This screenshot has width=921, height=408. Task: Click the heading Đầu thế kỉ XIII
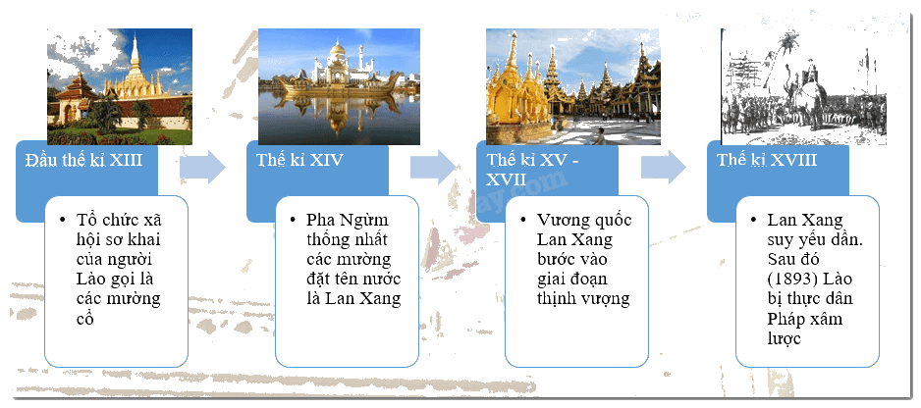(x=83, y=160)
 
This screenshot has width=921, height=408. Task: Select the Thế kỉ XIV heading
(x=299, y=160)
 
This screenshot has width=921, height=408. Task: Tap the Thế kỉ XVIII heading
(x=767, y=160)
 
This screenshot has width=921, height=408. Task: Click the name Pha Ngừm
(x=348, y=221)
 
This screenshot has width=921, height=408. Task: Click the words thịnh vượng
(x=583, y=298)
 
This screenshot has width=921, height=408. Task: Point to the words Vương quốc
(x=584, y=221)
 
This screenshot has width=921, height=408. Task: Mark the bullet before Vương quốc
(x=523, y=220)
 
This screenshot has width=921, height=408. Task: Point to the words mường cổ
(x=119, y=308)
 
